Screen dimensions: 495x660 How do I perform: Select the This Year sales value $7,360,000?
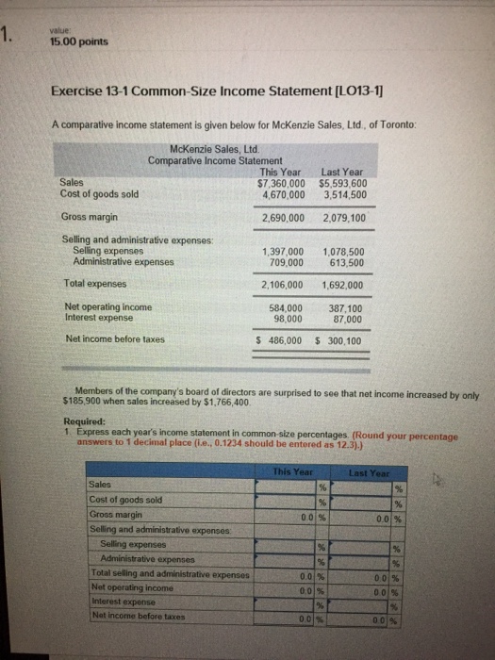click(280, 183)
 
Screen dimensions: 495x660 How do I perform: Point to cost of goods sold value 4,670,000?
click(280, 194)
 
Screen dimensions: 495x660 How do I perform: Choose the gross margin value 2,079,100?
click(344, 218)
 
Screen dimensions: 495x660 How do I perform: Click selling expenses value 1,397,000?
click(282, 252)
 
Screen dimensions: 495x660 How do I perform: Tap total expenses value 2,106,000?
click(282, 284)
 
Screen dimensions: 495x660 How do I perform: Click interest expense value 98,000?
click(287, 319)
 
